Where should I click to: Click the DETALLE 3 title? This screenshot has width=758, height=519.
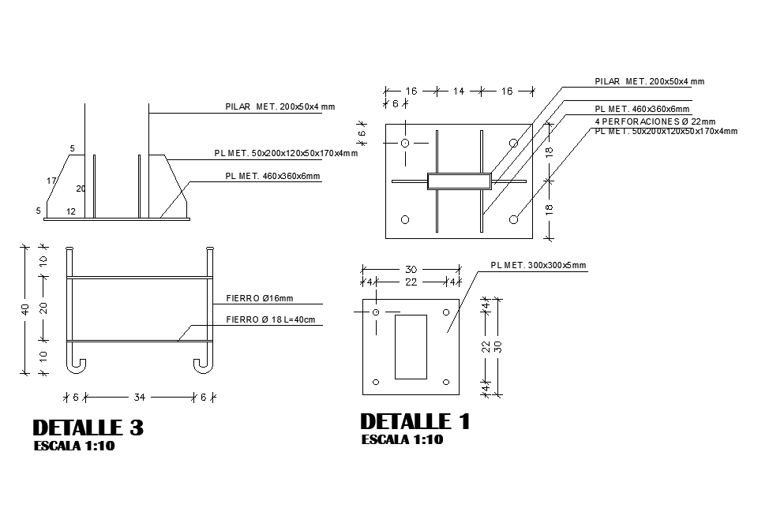click(88, 428)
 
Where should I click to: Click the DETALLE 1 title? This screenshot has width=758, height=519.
click(415, 422)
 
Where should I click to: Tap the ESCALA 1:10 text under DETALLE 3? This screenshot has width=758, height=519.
click(75, 446)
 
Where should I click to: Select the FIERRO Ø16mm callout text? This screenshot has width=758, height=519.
click(259, 298)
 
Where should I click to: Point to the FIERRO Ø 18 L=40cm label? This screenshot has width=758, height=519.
click(270, 319)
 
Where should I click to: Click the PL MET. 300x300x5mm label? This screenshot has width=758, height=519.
click(538, 266)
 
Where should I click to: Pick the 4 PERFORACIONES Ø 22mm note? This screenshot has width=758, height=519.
click(655, 121)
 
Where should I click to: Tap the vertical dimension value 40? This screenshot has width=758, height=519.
click(24, 310)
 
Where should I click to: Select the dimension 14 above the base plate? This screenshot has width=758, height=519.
click(459, 91)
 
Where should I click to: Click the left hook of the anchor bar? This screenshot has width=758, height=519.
click(76, 364)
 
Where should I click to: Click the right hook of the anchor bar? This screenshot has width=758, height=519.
click(204, 364)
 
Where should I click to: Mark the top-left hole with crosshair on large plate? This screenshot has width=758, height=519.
click(404, 144)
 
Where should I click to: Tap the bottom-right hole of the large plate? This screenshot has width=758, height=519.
click(513, 218)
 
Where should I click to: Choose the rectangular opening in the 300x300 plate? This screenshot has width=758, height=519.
click(411, 345)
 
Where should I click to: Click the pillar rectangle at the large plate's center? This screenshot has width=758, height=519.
click(459, 181)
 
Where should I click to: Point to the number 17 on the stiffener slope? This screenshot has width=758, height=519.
click(51, 181)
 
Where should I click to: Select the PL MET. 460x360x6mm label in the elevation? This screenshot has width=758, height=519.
click(272, 177)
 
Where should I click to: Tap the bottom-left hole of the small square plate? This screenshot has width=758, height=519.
click(376, 382)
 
